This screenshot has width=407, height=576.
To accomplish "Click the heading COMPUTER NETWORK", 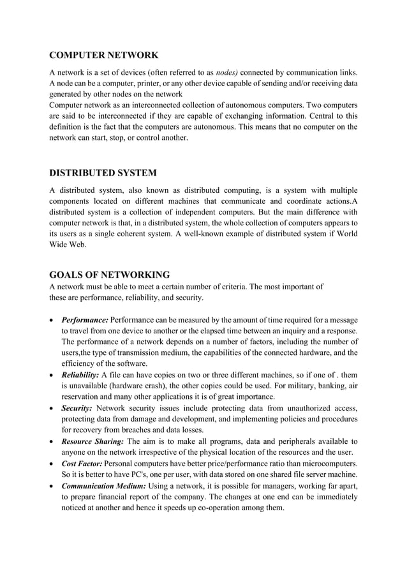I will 104,55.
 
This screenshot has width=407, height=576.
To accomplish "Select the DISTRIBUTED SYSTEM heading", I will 103,173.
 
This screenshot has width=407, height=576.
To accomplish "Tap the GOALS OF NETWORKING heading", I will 110,275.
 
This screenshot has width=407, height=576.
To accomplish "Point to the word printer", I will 151,82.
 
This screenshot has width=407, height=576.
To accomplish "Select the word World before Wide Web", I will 343,234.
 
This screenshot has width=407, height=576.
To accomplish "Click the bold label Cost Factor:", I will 82,462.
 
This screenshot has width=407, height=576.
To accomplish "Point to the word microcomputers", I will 326,462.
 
